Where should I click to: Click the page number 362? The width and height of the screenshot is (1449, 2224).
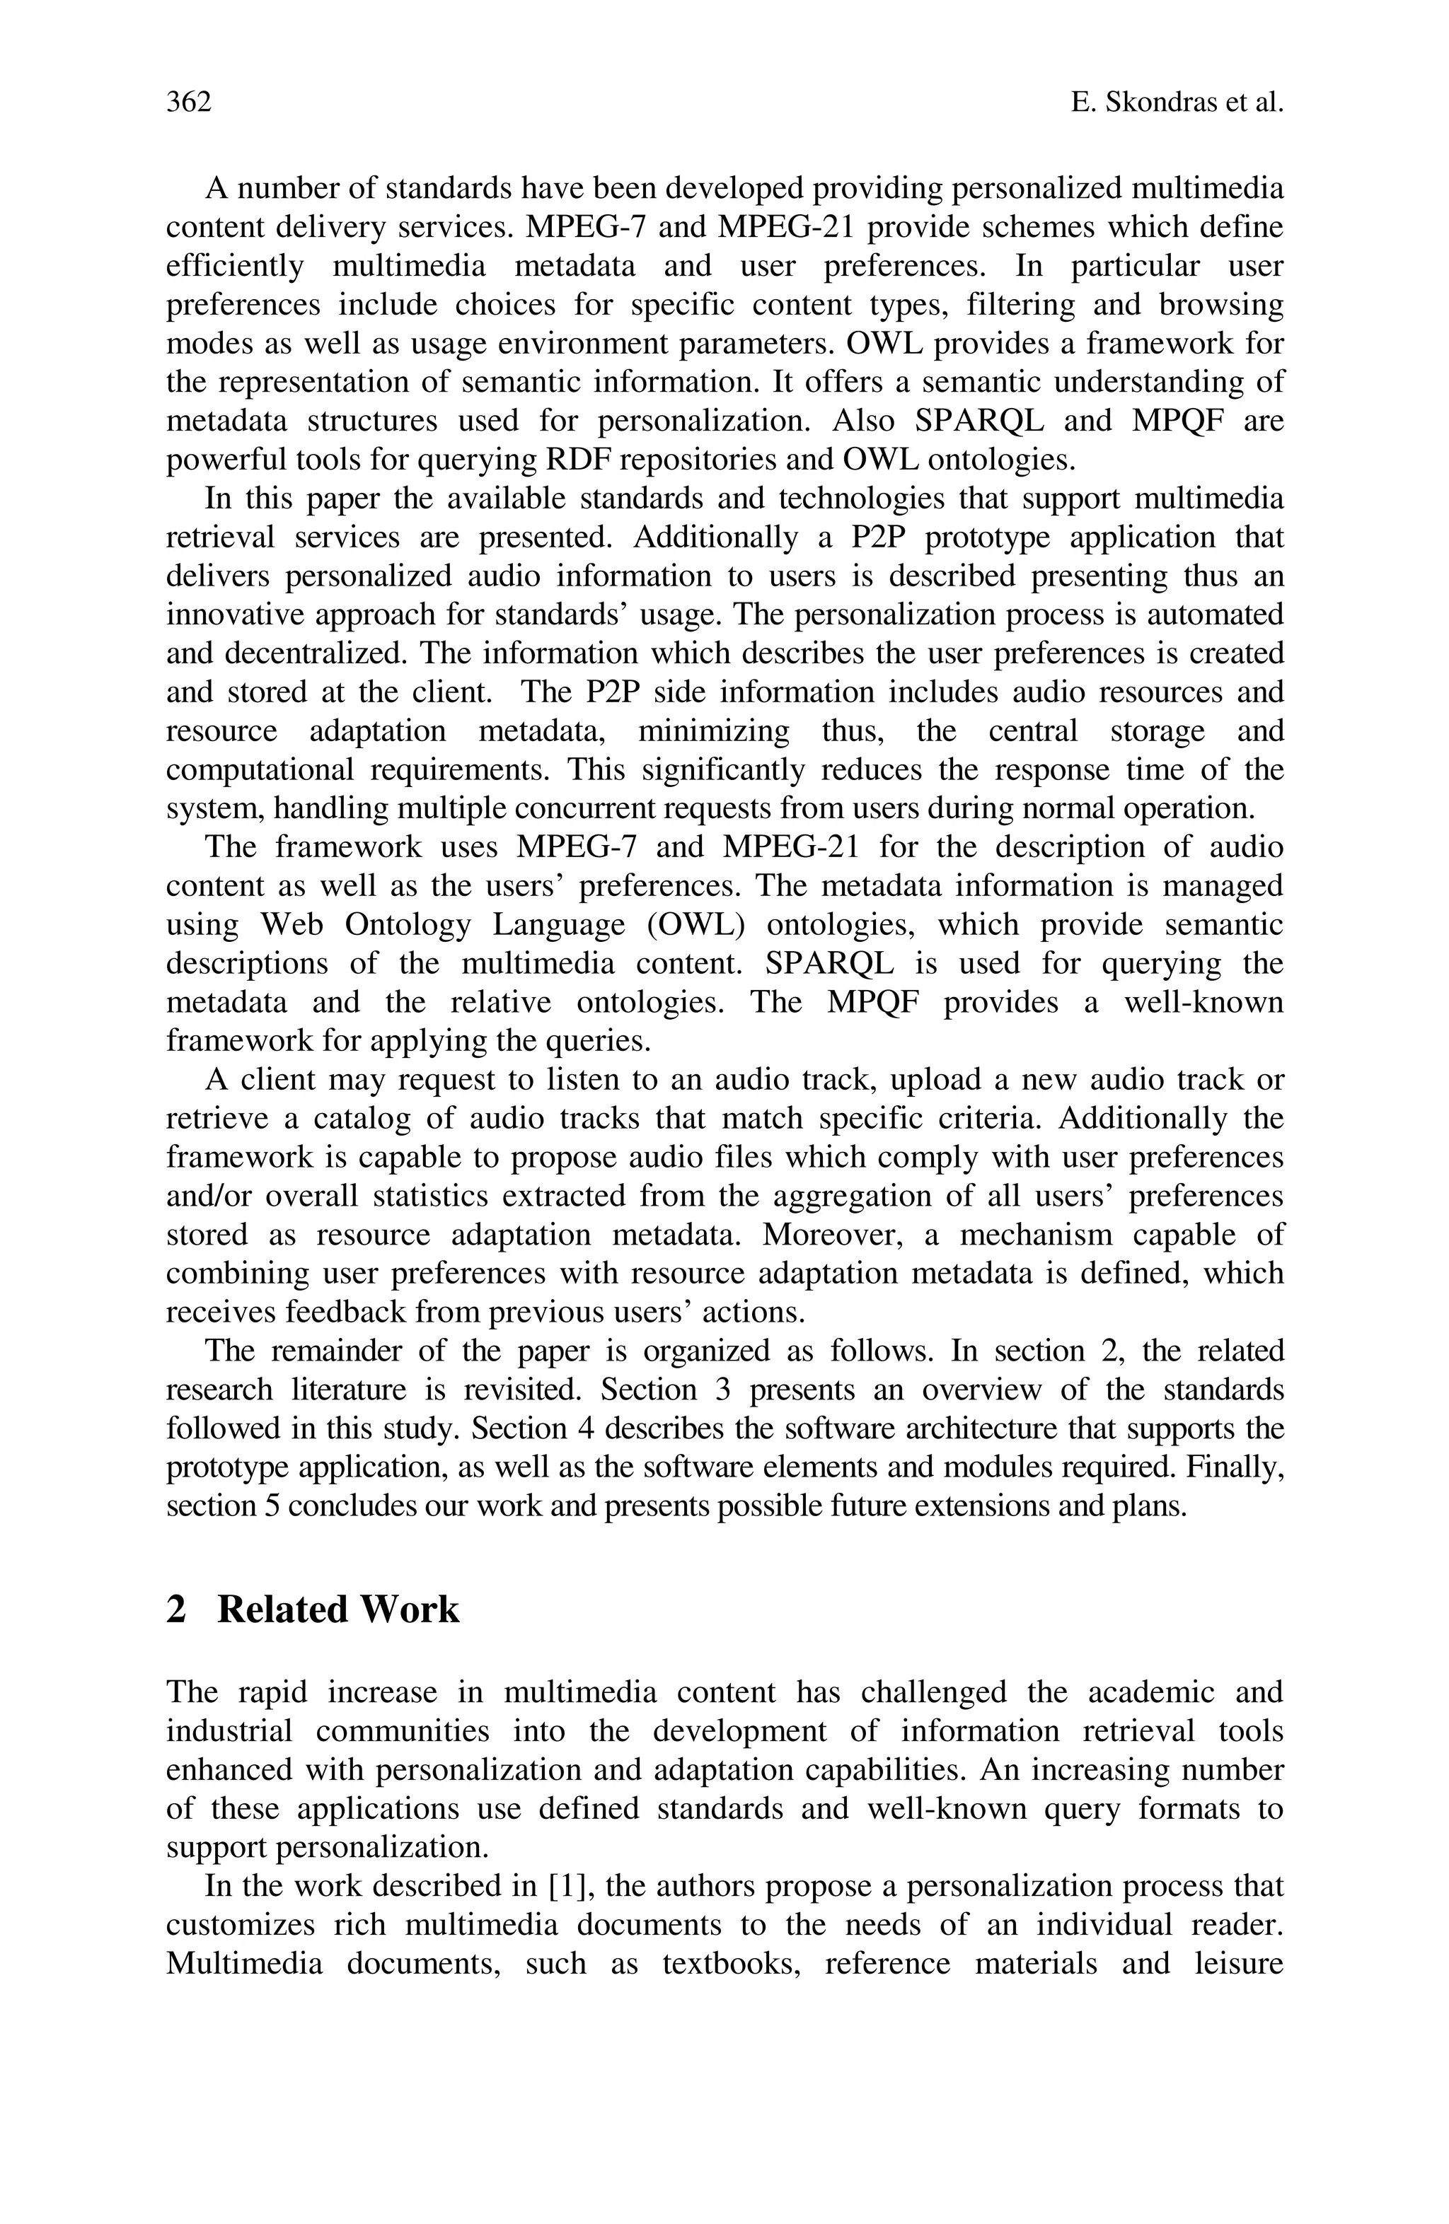click(189, 102)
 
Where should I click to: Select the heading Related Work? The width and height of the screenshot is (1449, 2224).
click(337, 1609)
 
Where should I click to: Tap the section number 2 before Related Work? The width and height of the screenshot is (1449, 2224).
click(175, 1609)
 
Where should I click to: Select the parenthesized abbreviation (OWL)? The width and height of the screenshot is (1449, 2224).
click(695, 925)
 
